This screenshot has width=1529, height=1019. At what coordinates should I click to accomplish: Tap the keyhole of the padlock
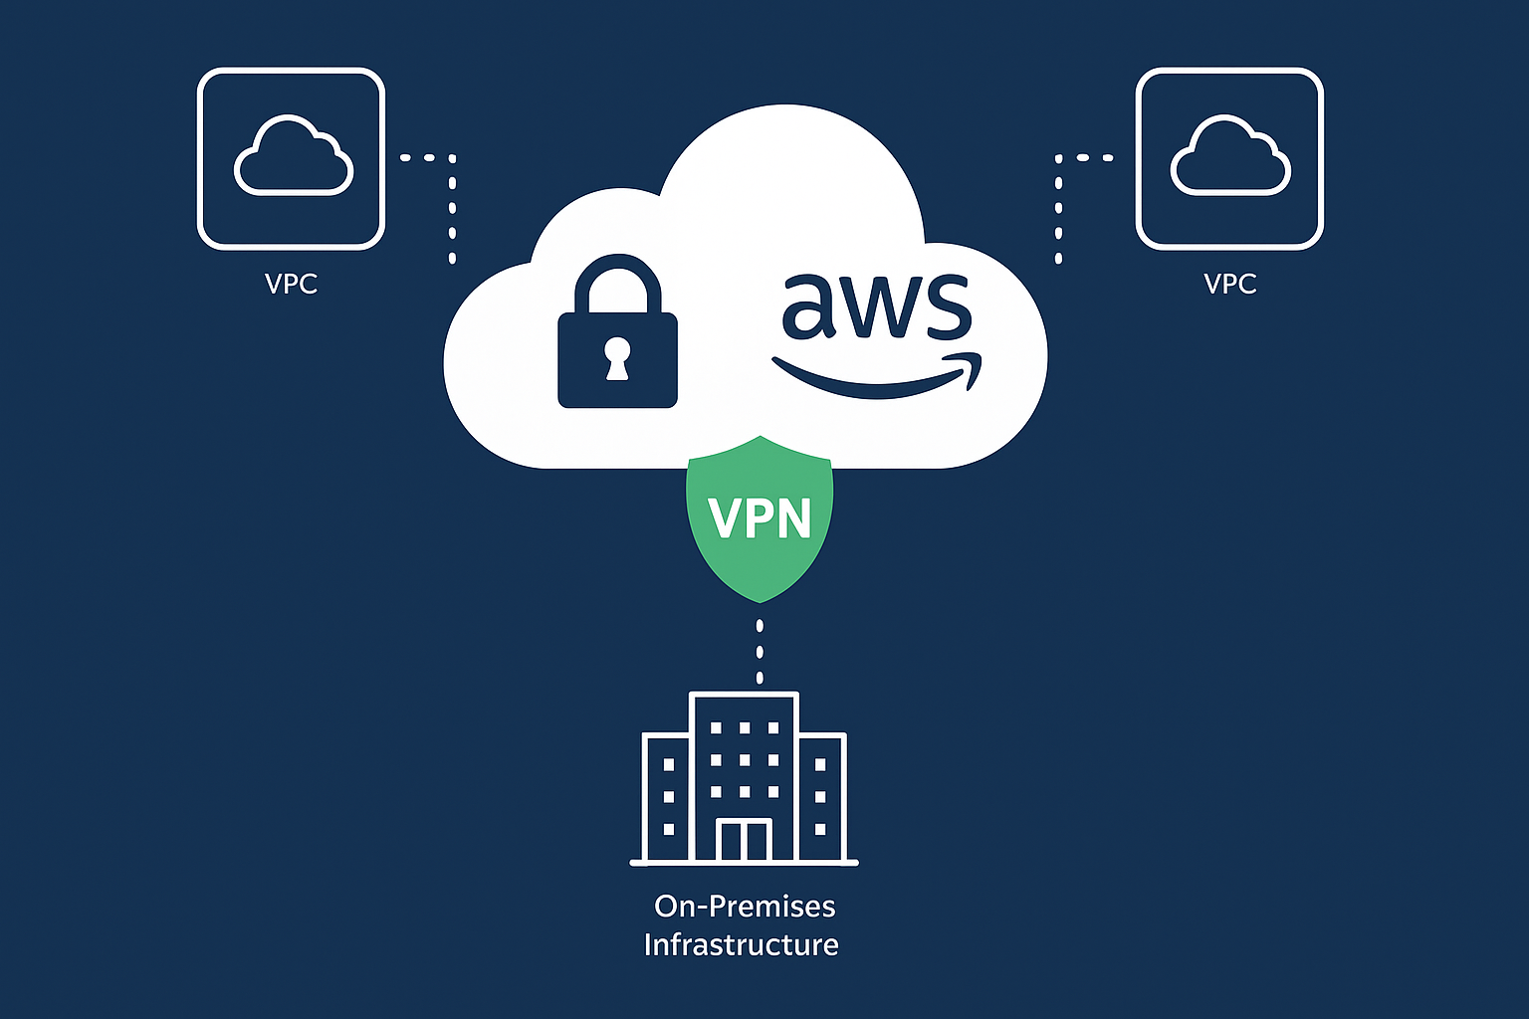click(x=617, y=358)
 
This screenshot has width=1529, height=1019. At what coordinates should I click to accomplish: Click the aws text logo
click(x=875, y=304)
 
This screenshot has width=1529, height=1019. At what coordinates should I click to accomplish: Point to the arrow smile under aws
click(x=876, y=378)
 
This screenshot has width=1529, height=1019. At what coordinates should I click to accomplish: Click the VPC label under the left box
click(x=291, y=285)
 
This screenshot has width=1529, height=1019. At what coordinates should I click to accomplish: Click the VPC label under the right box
click(x=1229, y=285)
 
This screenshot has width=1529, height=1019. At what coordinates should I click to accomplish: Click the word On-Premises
click(x=745, y=907)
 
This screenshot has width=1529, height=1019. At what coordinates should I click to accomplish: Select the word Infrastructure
click(x=741, y=944)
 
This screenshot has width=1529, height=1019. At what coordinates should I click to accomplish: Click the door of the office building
click(x=745, y=841)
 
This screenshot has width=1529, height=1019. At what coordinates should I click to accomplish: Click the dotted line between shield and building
click(x=760, y=652)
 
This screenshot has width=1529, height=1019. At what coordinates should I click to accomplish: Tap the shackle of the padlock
click(x=617, y=284)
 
